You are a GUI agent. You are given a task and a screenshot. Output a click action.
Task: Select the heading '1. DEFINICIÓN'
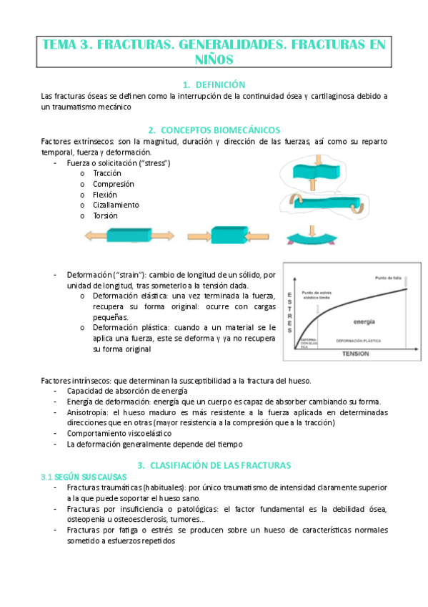click(x=214, y=84)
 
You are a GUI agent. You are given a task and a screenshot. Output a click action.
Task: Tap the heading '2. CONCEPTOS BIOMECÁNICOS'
click(x=214, y=130)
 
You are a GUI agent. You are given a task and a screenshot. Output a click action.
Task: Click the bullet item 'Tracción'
click(x=107, y=173)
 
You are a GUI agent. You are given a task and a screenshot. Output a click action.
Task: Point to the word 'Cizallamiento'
click(x=116, y=205)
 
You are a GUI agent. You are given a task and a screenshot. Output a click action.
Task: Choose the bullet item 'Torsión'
click(x=106, y=215)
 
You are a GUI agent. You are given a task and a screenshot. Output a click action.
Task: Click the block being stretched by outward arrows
click(x=128, y=235)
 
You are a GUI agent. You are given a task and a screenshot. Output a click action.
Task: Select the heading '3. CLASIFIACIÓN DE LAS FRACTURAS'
click(x=214, y=465)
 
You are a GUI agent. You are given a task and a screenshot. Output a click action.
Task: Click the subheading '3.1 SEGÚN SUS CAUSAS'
click(x=84, y=476)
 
